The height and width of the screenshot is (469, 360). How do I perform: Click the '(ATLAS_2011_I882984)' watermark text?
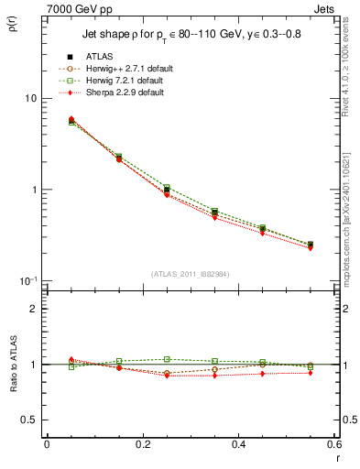190,274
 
